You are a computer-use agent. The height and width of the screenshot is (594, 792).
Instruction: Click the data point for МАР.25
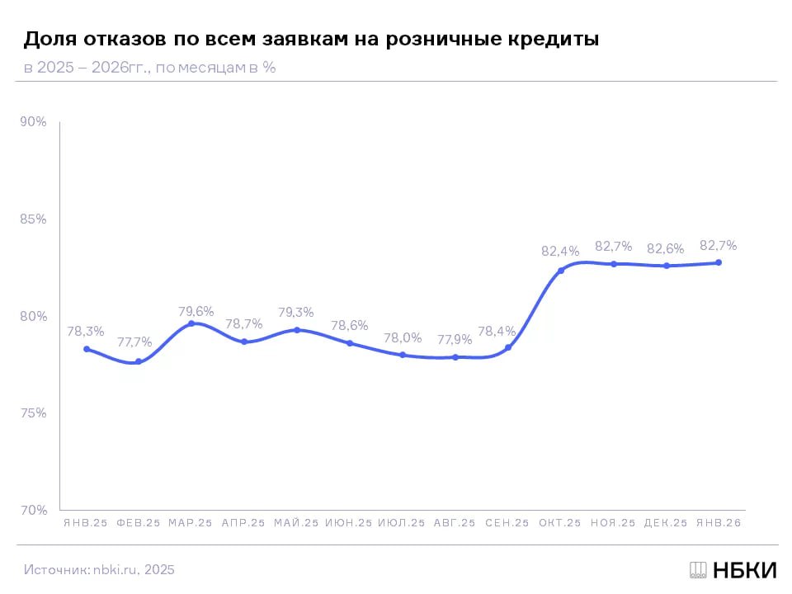191,323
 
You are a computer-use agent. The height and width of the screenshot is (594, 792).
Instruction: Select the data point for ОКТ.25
561,271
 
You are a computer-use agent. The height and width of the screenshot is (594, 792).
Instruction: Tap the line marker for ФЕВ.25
139,361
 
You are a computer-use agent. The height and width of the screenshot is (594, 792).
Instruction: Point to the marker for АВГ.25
455,357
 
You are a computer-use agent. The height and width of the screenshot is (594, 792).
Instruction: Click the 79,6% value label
196,311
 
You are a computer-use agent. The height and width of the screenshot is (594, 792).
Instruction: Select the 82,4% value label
560,251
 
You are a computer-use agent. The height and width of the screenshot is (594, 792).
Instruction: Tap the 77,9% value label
455,339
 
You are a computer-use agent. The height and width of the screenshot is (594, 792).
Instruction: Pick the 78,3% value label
86,331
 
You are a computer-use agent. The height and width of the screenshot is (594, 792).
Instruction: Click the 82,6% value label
666,248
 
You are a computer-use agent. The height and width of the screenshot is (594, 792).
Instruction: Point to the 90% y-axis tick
34,122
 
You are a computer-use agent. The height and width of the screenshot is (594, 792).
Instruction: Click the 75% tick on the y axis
34,413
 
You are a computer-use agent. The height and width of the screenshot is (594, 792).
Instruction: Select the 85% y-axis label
34,219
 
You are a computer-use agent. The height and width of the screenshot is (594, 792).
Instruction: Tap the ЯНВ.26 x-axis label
719,523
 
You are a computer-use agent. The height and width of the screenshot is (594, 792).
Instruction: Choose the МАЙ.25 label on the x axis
296,523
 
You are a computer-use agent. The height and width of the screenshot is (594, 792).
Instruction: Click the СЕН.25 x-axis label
507,523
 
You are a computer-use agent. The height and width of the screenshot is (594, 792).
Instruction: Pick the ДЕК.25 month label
666,523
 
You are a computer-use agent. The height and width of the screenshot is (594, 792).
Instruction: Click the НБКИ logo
733,569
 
